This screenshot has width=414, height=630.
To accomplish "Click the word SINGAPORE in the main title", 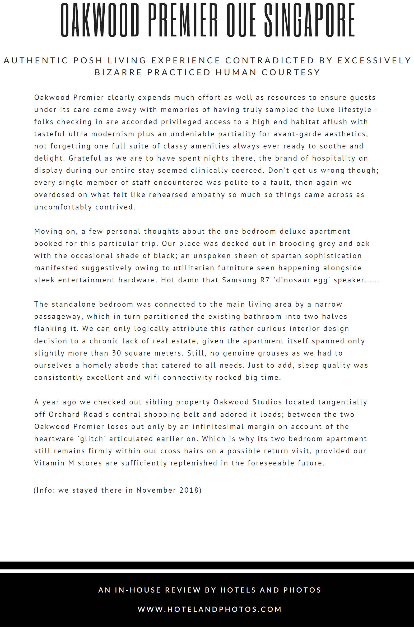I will [x=309, y=20].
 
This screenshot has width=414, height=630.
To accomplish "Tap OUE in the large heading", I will [x=241, y=20].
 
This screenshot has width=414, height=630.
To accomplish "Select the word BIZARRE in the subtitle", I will [x=118, y=72].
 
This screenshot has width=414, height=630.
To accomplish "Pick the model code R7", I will [x=265, y=280].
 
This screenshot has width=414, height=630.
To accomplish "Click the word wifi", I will [x=152, y=377].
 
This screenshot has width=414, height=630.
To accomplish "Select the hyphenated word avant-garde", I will [x=297, y=134].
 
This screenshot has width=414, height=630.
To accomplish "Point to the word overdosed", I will [x=54, y=195].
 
